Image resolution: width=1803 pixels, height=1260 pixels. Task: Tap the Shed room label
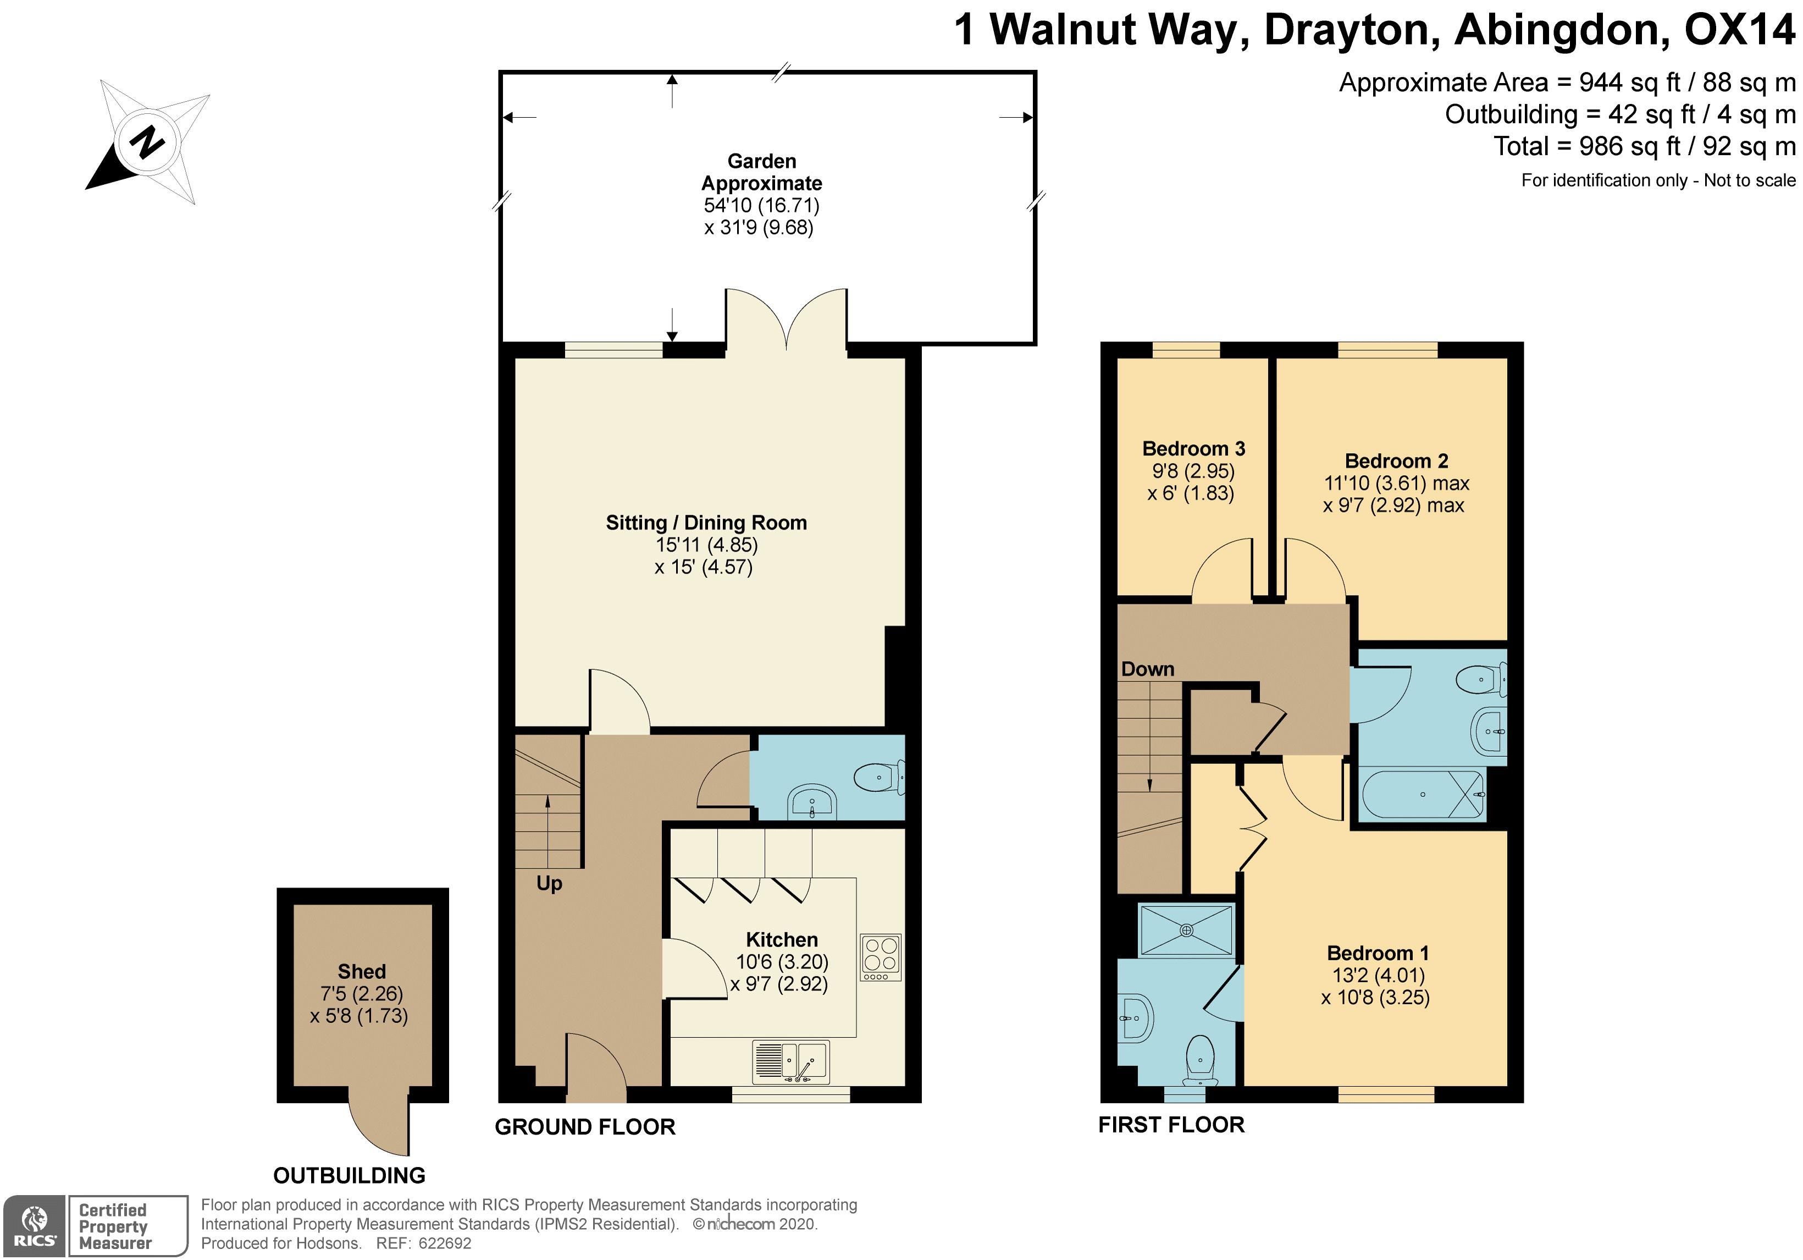click(x=361, y=972)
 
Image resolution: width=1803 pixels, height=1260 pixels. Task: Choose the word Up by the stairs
click(x=549, y=884)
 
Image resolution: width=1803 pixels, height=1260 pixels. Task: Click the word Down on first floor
click(x=1147, y=669)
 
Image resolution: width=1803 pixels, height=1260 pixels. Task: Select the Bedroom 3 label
click(x=1193, y=449)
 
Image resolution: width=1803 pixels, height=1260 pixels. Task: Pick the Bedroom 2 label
click(x=1396, y=461)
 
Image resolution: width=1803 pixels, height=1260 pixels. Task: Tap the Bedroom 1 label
click(x=1378, y=953)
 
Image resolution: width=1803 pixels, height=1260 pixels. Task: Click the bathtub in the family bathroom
click(x=1423, y=794)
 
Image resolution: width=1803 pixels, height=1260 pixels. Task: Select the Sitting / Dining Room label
click(x=706, y=523)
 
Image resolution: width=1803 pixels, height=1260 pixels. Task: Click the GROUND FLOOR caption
click(x=585, y=1127)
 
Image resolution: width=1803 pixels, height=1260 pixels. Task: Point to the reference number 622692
click(x=445, y=1244)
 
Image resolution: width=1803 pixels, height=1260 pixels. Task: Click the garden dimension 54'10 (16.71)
click(x=762, y=205)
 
